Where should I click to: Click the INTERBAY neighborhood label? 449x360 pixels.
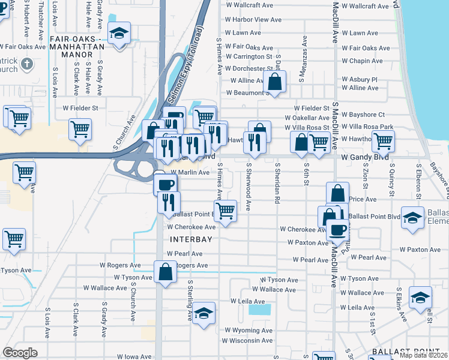191,239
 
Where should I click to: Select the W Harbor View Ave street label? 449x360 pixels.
253,20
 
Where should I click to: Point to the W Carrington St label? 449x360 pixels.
249,57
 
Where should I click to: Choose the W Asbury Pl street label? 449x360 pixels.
360,79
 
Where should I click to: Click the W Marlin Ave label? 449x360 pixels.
190,172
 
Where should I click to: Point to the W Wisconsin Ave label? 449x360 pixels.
247,341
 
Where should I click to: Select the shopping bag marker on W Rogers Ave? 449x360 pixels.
165,272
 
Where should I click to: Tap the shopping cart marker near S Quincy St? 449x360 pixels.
383,142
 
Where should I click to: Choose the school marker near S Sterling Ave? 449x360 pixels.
203,313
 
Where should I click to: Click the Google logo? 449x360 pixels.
20,353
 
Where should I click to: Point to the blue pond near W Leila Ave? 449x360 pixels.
260,310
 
